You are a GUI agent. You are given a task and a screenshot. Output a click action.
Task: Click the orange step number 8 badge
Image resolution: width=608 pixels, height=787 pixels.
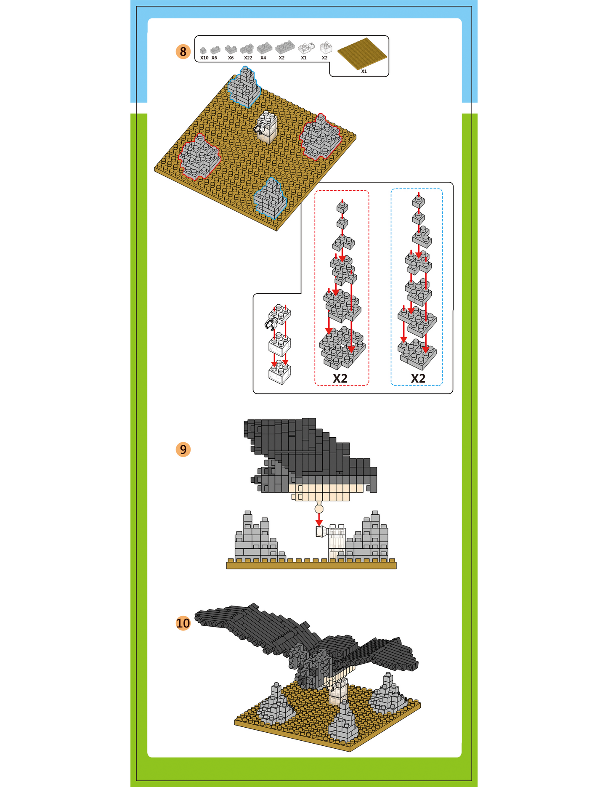tap(183, 52)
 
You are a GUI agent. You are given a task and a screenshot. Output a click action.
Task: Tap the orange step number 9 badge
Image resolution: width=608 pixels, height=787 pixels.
tap(183, 449)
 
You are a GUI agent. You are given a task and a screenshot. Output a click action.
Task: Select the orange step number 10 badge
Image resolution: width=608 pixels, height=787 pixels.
tap(183, 623)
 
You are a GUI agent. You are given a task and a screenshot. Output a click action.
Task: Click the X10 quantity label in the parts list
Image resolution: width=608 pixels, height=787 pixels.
tap(204, 58)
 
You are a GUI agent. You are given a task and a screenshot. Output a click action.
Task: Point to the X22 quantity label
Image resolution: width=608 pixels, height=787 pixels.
tap(248, 58)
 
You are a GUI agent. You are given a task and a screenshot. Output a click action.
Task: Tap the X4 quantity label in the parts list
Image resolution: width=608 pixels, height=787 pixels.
tap(263, 58)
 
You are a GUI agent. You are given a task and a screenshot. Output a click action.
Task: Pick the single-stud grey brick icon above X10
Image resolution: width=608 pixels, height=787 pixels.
tap(203, 51)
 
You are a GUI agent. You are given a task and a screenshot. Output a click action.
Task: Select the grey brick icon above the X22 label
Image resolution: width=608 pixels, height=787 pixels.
tap(247, 49)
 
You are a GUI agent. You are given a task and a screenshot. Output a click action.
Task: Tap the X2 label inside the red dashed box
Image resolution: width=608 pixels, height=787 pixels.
tap(340, 378)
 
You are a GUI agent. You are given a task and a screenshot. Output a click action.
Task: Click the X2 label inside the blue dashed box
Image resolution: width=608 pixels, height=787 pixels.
tap(418, 378)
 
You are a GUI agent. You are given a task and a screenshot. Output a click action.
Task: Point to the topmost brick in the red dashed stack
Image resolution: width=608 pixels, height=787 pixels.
tap(342, 207)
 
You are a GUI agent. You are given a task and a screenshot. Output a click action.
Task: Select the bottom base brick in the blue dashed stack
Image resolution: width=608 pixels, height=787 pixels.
tap(417, 355)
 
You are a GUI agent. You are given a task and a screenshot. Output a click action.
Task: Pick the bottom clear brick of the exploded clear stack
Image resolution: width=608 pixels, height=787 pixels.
tap(279, 372)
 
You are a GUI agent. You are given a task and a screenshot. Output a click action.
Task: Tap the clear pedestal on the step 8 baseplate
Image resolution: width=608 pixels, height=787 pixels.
tap(267, 127)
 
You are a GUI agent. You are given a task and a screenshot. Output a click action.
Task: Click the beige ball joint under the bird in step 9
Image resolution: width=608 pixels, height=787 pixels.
tap(319, 509)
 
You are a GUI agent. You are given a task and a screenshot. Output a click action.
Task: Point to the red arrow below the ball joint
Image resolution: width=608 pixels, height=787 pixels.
tap(319, 519)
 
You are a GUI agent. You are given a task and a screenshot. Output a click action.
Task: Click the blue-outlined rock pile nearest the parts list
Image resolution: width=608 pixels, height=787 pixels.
tap(244, 87)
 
